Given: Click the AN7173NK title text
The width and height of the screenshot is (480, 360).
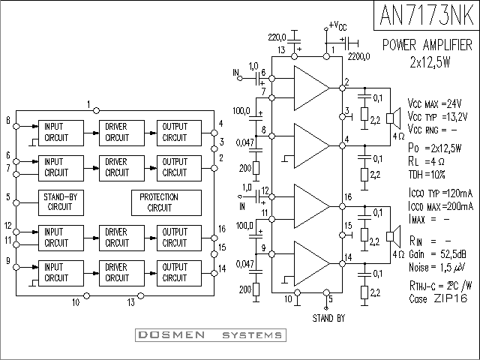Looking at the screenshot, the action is pyautogui.click(x=427, y=15).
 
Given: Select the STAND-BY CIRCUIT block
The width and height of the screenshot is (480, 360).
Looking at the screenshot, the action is pyautogui.click(x=61, y=202).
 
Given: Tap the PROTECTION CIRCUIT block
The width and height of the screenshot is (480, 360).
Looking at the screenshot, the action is pyautogui.click(x=166, y=202).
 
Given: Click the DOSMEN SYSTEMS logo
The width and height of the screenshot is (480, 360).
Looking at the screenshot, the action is pyautogui.click(x=211, y=335).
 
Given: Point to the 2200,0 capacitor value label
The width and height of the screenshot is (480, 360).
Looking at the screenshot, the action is pyautogui.click(x=358, y=57).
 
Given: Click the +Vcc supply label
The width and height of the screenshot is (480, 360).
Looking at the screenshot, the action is pyautogui.click(x=338, y=25).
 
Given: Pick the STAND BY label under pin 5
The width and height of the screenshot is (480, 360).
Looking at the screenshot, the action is pyautogui.click(x=328, y=318).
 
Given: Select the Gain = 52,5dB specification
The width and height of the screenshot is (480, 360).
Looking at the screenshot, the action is pyautogui.click(x=438, y=254).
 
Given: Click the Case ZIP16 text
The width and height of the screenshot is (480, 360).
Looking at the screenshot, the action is pyautogui.click(x=438, y=298).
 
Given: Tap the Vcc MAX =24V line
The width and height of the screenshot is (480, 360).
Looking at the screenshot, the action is pyautogui.click(x=434, y=103).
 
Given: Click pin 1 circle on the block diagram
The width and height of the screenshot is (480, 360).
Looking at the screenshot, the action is pyautogui.click(x=97, y=110).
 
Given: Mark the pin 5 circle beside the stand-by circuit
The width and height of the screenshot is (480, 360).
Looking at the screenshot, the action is pyautogui.click(x=16, y=202).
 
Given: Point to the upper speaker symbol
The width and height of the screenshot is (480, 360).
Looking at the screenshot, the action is pyautogui.click(x=393, y=118).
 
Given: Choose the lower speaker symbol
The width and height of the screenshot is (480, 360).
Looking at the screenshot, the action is pyautogui.click(x=393, y=236).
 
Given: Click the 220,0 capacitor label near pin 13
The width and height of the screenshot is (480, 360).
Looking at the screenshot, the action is pyautogui.click(x=277, y=37).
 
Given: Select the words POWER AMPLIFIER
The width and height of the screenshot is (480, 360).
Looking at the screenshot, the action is pyautogui.click(x=427, y=45).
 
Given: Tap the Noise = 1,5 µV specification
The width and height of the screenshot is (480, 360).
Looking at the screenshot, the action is pyautogui.click(x=437, y=268).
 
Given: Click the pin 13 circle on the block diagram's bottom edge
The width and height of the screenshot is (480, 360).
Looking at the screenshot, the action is pyautogui.click(x=140, y=295).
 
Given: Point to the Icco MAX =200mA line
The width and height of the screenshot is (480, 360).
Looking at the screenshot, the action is pyautogui.click(x=441, y=207).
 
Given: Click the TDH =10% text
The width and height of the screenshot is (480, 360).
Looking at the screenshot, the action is pyautogui.click(x=427, y=175).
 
